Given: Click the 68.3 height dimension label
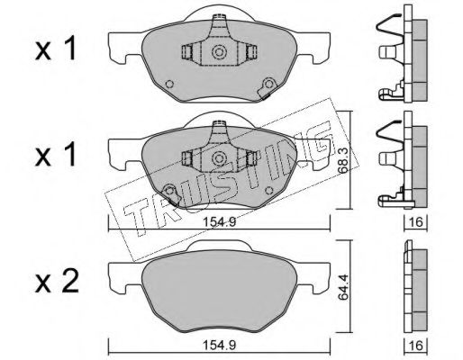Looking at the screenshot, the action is tap(344, 161).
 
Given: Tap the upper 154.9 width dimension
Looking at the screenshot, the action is tap(220, 222).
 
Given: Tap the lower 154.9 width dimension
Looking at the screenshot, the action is tap(220, 345).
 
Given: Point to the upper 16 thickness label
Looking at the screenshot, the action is tap(416, 222).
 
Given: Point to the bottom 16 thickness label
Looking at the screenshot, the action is tap(416, 346).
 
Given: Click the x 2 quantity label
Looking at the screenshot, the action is tap(57, 281).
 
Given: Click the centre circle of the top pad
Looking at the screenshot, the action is tap(219, 52).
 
